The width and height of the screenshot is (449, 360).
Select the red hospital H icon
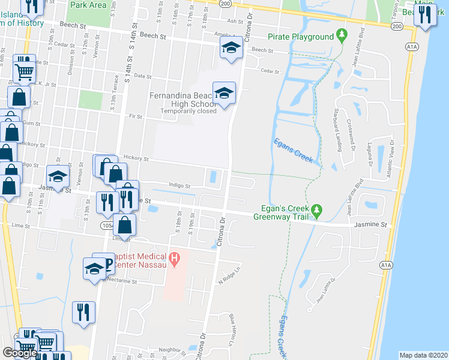click(x=174, y=259)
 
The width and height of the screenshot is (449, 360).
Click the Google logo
click(x=20, y=353)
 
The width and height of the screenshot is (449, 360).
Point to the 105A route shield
click(x=107, y=225)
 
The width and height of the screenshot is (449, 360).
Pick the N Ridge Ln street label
click(x=229, y=275)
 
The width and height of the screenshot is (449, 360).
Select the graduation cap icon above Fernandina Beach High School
click(x=224, y=94)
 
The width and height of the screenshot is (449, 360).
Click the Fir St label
click(x=135, y=116)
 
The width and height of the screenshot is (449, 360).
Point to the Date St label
click(x=142, y=76)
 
